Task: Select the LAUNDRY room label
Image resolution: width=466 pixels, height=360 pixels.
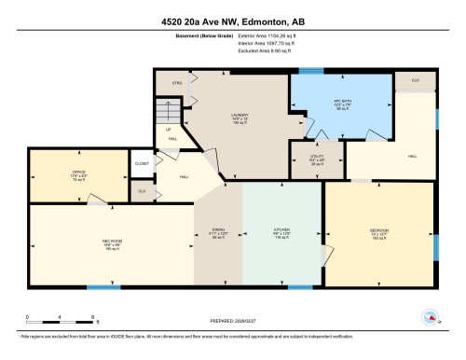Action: (239, 116)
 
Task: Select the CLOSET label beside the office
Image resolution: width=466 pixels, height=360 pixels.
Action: (142, 163)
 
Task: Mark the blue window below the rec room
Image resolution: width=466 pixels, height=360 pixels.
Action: (107, 285)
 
